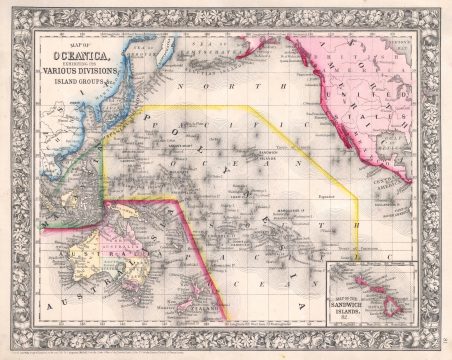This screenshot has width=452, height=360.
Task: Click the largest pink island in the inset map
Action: [402, 297]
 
